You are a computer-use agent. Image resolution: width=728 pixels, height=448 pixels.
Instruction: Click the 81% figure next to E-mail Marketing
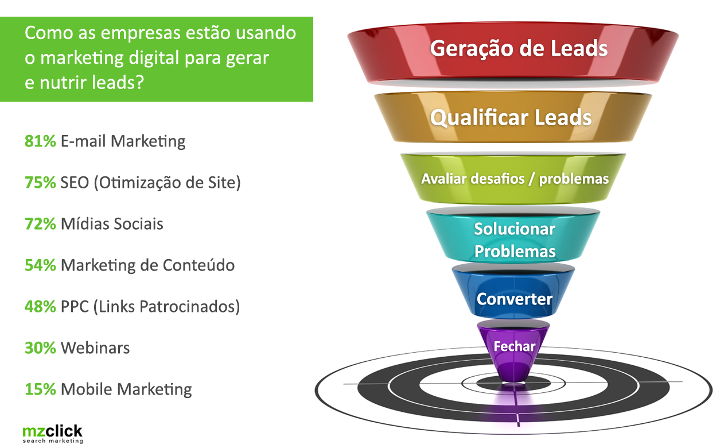pyautogui.click(x=40, y=141)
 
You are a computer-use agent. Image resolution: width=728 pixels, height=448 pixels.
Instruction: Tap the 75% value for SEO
pyautogui.click(x=40, y=183)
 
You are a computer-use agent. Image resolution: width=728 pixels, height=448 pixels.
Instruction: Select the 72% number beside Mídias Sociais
pyautogui.click(x=40, y=223)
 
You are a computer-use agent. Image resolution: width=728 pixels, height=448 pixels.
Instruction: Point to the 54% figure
pyautogui.click(x=40, y=265)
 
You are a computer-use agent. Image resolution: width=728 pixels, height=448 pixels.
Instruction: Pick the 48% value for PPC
pyautogui.click(x=40, y=307)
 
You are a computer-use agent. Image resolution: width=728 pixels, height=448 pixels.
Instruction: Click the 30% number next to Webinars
pyautogui.click(x=40, y=348)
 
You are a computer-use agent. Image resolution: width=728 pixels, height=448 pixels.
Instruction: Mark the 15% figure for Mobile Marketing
pyautogui.click(x=40, y=389)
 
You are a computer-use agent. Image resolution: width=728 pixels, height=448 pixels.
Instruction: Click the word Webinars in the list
pyautogui.click(x=95, y=348)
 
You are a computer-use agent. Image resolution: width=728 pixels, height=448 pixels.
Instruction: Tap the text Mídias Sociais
pyautogui.click(x=112, y=223)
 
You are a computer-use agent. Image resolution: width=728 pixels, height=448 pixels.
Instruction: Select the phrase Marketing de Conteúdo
pyautogui.click(x=147, y=265)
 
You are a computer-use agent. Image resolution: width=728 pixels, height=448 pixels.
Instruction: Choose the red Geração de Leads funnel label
pyautogui.click(x=519, y=48)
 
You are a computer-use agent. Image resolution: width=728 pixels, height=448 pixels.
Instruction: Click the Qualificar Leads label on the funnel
pyautogui.click(x=511, y=118)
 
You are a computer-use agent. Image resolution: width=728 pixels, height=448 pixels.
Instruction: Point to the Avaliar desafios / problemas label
pyautogui.click(x=515, y=179)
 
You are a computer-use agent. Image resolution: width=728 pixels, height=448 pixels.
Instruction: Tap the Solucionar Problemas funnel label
pyautogui.click(x=515, y=240)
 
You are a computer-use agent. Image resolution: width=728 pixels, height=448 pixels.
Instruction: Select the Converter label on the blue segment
pyautogui.click(x=515, y=299)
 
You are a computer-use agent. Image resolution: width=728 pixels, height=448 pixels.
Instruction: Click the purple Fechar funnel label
pyautogui.click(x=515, y=346)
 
